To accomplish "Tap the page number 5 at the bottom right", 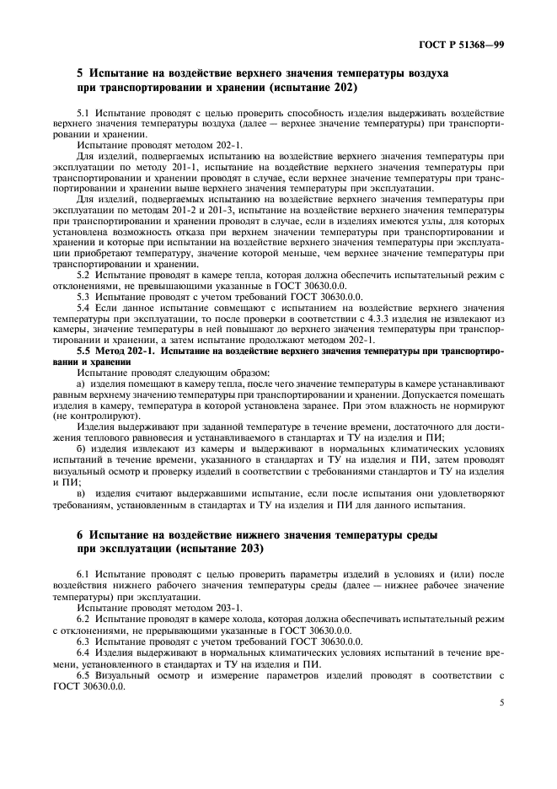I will [501, 699].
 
